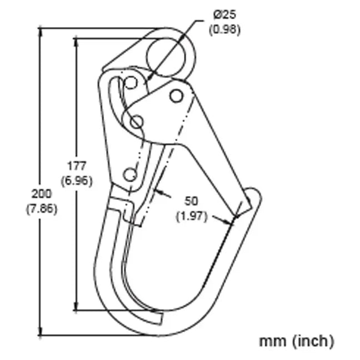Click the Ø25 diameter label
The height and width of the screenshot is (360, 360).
pos(224,15)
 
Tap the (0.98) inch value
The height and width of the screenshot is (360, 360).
pos(224,30)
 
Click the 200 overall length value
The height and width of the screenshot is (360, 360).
pos(42,193)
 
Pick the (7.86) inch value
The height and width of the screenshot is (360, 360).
pos(42,209)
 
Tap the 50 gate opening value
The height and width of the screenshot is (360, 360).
pos(191,201)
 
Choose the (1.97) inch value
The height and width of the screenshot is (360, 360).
pos(191,216)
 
